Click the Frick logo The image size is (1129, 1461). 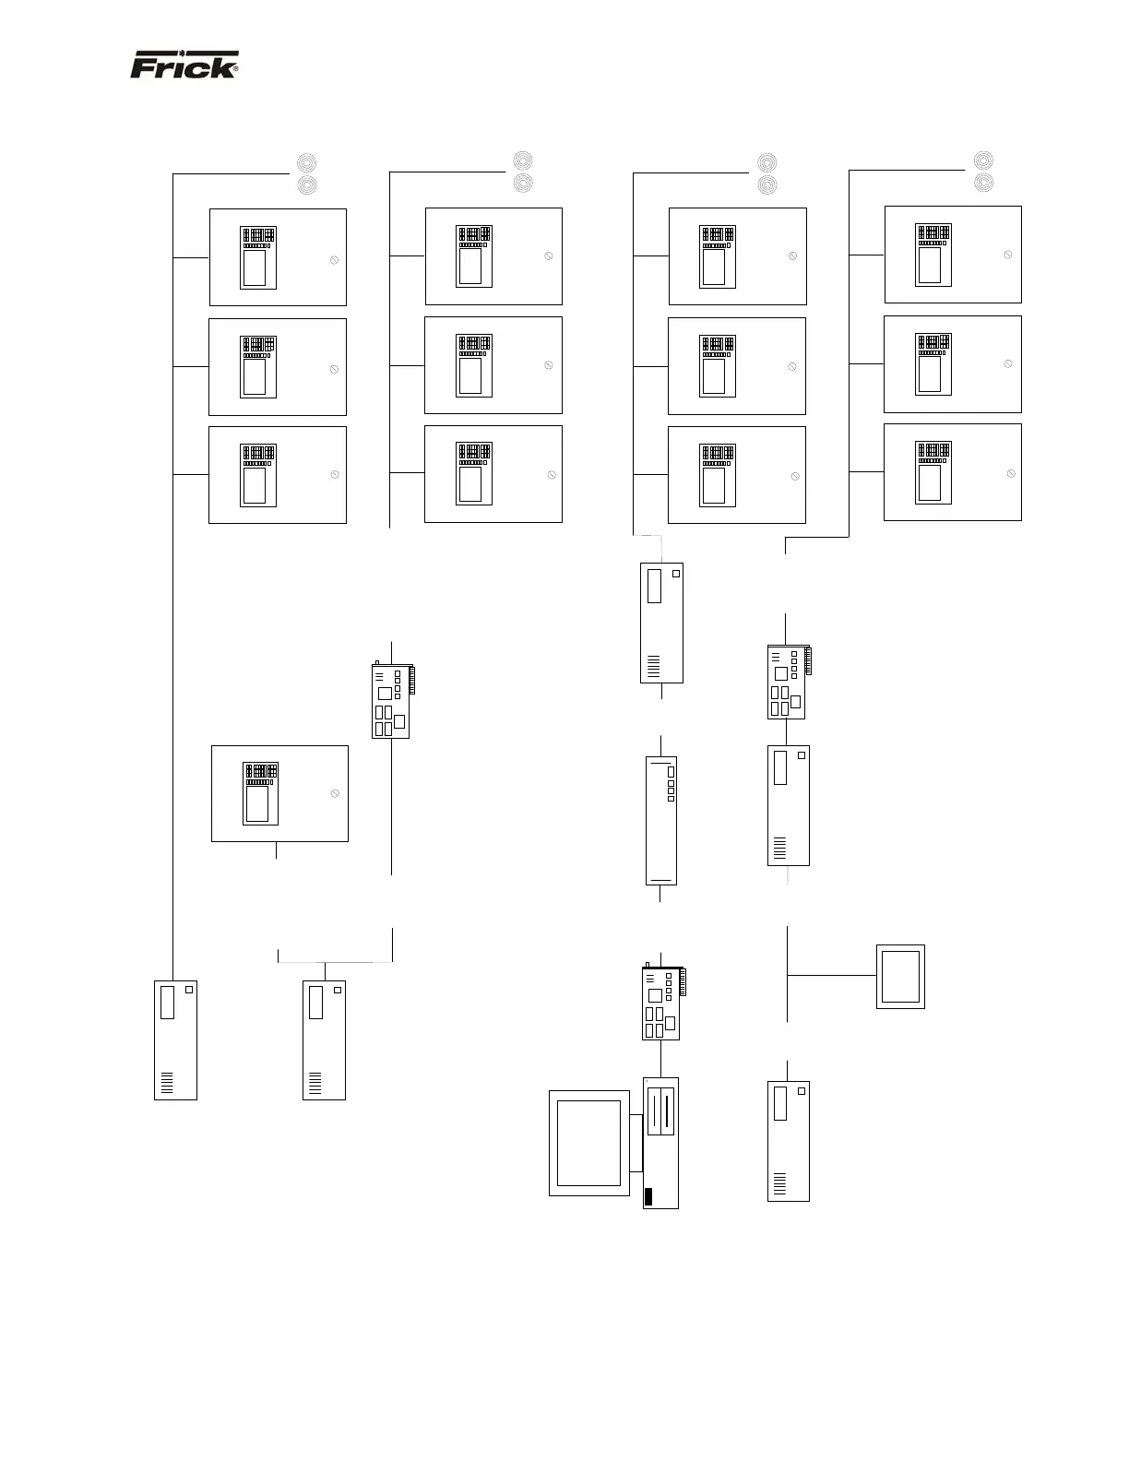click(x=184, y=65)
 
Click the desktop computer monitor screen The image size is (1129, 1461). click(x=588, y=1143)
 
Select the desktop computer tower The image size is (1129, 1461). click(x=660, y=1143)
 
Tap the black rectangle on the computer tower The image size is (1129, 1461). click(x=648, y=1197)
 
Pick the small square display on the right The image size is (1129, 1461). click(x=900, y=976)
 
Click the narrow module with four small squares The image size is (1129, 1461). click(x=660, y=820)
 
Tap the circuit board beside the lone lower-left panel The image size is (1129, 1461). click(x=391, y=701)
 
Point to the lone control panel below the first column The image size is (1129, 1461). click(x=279, y=793)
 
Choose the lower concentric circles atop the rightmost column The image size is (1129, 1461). click(x=984, y=182)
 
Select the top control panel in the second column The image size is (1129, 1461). click(x=493, y=256)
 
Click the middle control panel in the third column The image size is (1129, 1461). click(x=736, y=366)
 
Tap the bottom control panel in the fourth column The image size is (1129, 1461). click(x=952, y=472)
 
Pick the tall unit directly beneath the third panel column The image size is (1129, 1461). click(x=661, y=623)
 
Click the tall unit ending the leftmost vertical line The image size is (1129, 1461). click(x=175, y=1039)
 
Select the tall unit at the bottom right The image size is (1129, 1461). click(x=788, y=1141)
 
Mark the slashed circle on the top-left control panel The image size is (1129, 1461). click(x=334, y=260)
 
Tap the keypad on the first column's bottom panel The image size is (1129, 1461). click(x=258, y=454)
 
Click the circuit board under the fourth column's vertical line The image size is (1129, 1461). click(x=787, y=683)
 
